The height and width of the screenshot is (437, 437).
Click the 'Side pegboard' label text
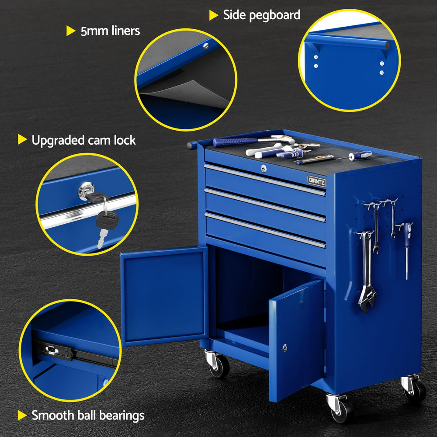(x=261, y=15)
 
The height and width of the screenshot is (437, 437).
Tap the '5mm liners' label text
(x=110, y=31)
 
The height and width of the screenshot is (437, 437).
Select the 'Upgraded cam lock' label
(x=83, y=140)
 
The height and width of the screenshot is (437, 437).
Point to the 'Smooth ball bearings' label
(x=88, y=415)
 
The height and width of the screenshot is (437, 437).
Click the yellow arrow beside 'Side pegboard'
(x=214, y=15)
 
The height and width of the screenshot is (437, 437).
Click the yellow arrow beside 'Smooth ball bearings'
(x=22, y=415)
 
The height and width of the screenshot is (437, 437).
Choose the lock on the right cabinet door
(x=285, y=347)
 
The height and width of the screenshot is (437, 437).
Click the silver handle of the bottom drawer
(x=265, y=230)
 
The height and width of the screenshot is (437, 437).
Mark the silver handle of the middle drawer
(x=265, y=205)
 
